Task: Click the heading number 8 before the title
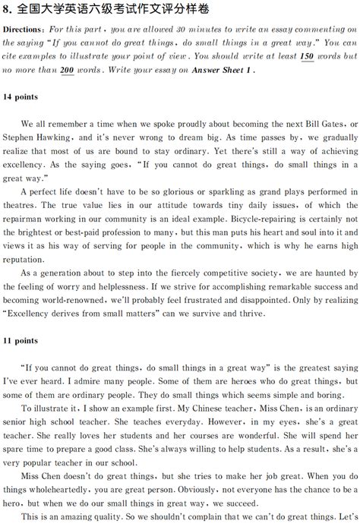(x=6, y=8)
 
